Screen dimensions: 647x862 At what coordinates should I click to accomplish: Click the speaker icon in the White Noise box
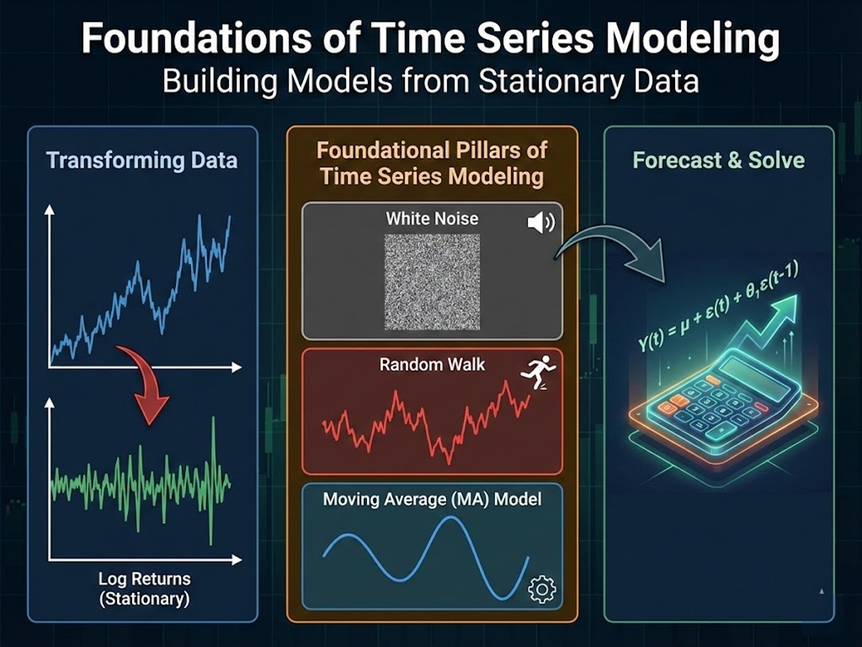click(x=540, y=222)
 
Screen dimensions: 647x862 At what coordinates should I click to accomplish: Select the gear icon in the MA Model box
click(x=541, y=588)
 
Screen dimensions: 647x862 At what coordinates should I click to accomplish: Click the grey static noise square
click(x=432, y=281)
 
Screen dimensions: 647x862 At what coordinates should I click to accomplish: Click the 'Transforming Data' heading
click(x=141, y=160)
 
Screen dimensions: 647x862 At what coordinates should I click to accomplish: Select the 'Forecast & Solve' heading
click(x=718, y=160)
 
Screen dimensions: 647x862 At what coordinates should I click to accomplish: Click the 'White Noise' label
click(x=432, y=218)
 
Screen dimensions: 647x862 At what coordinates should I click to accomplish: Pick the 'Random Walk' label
click(x=431, y=365)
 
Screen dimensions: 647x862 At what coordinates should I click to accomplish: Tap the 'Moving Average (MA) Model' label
click(x=432, y=499)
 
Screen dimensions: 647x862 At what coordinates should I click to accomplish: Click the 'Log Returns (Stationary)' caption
click(x=144, y=589)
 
